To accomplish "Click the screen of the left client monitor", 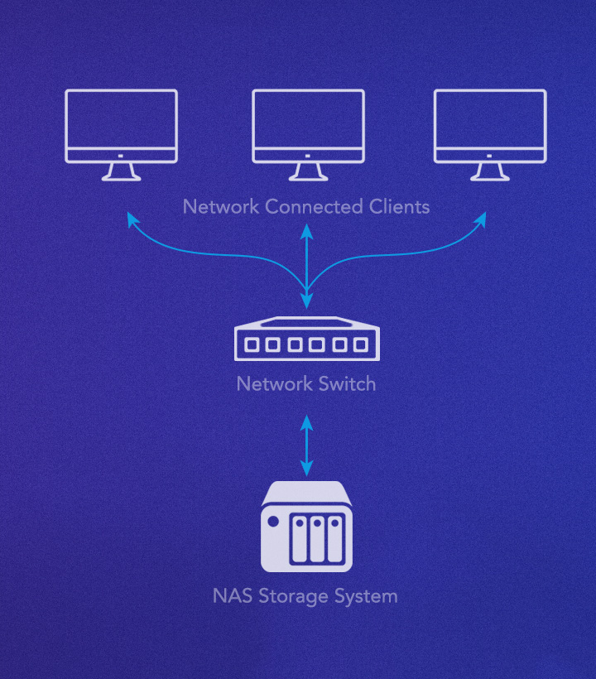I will tap(121, 119).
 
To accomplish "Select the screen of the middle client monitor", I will tap(307, 119).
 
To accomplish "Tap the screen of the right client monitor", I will tap(490, 119).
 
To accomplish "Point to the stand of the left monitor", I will tap(121, 171).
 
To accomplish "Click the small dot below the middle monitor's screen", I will tap(307, 155).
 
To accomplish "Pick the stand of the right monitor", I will tap(490, 171).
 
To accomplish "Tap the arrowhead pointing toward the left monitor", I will tap(131, 219).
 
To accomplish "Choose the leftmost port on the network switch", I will tap(251, 344).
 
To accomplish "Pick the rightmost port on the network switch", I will tap(361, 344).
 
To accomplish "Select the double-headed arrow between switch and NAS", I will tap(307, 445).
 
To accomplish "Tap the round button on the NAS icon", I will tap(272, 522).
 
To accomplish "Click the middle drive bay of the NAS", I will tap(317, 539).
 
